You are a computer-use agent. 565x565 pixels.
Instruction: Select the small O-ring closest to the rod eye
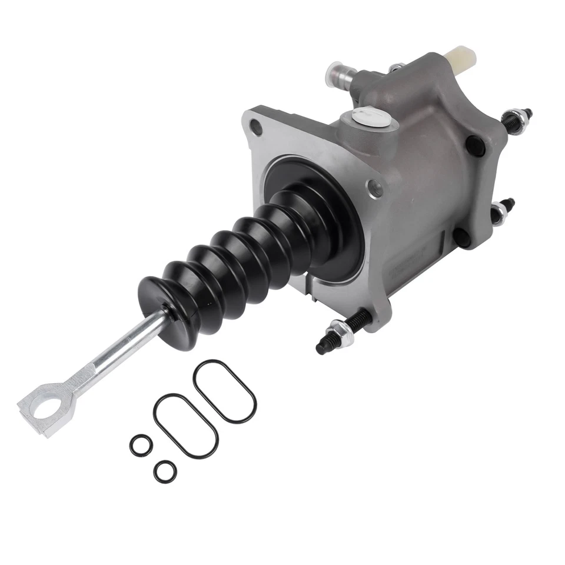140,445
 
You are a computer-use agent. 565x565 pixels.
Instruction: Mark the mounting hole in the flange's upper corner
256,125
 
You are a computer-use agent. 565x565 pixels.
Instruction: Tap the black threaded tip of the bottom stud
322,349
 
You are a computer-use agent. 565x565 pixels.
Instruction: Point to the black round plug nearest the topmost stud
476,146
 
